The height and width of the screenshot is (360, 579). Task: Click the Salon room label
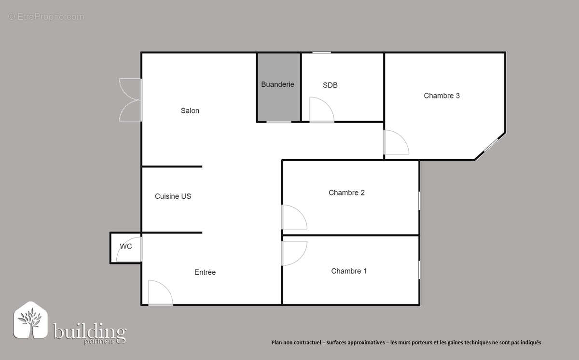pyautogui.click(x=190, y=111)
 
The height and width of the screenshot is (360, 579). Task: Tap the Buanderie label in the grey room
pyautogui.click(x=277, y=84)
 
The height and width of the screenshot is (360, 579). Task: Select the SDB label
pyautogui.click(x=330, y=85)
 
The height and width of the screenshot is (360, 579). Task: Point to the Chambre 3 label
pyautogui.click(x=441, y=96)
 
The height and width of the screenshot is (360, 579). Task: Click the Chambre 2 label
pyautogui.click(x=346, y=193)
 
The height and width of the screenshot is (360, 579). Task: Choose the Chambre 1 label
pyautogui.click(x=348, y=271)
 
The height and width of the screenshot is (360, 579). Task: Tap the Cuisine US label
pyautogui.click(x=173, y=196)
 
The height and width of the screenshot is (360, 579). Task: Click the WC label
pyautogui.click(x=126, y=247)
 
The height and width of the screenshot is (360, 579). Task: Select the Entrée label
pyautogui.click(x=205, y=272)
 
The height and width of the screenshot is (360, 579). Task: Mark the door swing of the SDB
pyautogui.click(x=320, y=110)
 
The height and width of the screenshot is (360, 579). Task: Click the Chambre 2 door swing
pyautogui.click(x=293, y=218)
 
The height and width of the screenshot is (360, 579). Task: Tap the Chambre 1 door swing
pyautogui.click(x=293, y=252)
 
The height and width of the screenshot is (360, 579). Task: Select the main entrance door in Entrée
pyautogui.click(x=160, y=293)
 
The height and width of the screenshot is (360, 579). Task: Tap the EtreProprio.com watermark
pyautogui.click(x=46, y=17)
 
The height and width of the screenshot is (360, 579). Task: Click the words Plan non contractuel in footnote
pyautogui.click(x=294, y=343)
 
